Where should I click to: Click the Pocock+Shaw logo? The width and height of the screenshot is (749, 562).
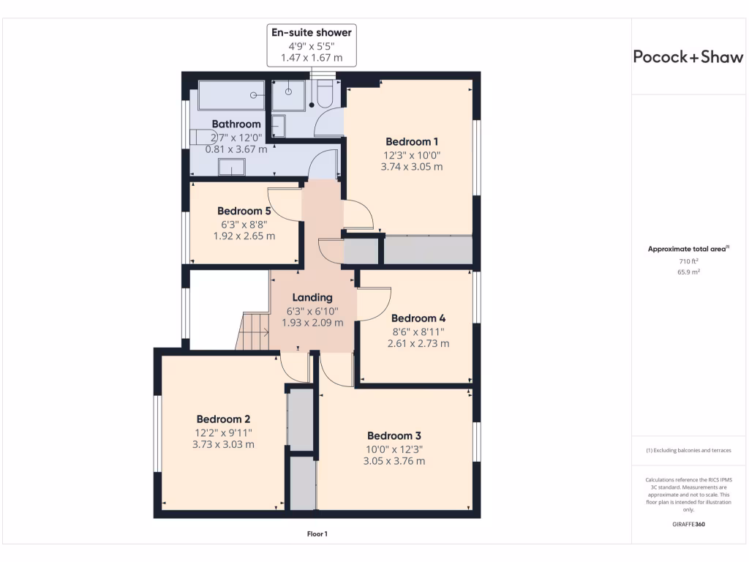(688, 57)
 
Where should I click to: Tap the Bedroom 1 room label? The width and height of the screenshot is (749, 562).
(412, 141)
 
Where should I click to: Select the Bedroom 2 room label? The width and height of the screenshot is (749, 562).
(223, 419)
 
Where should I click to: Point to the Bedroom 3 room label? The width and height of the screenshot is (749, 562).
(394, 435)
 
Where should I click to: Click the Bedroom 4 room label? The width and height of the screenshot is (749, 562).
(418, 318)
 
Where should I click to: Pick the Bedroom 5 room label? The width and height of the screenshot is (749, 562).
(244, 211)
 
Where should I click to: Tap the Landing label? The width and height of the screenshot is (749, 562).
(312, 297)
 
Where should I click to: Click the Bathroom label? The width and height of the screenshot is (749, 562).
(236, 124)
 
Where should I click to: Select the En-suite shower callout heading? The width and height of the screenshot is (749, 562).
(312, 32)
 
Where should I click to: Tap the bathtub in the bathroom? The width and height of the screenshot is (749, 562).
(231, 95)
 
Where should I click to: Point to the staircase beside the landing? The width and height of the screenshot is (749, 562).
(253, 331)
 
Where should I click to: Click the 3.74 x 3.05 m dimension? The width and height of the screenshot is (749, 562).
(412, 167)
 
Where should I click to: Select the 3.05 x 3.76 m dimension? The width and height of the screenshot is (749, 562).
(394, 461)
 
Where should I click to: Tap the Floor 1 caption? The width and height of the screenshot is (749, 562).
(317, 534)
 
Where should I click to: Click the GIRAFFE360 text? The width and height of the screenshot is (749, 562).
(688, 524)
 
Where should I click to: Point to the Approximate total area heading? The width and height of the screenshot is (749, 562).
(688, 249)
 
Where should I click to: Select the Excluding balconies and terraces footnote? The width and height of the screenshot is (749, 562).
(688, 450)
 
